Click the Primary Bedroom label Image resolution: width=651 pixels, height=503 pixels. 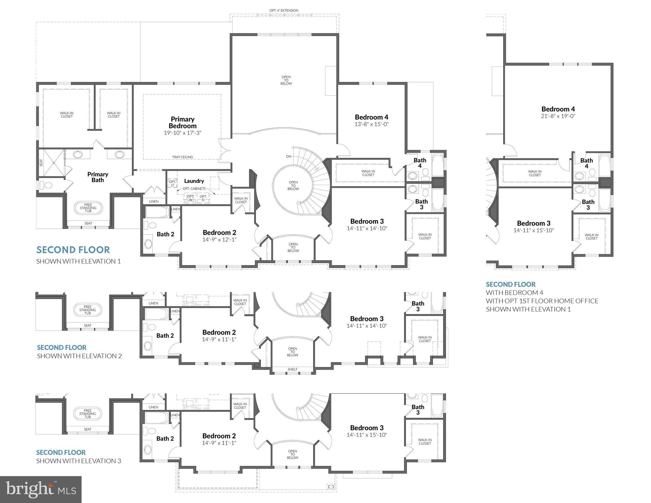[182, 123]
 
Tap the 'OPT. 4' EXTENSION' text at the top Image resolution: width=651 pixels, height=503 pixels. [284, 10]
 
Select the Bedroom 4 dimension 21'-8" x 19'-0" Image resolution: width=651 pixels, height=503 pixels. [558, 116]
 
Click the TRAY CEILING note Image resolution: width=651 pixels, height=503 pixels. [182, 157]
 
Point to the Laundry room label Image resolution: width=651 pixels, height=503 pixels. [194, 181]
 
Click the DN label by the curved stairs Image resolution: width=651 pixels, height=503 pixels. [289, 157]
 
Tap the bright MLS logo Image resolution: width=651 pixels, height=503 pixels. [41, 489]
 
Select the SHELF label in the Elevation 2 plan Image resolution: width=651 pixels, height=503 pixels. [293, 369]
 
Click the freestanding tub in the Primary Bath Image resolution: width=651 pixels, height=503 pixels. [88, 208]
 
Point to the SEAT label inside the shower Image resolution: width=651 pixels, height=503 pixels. [41, 163]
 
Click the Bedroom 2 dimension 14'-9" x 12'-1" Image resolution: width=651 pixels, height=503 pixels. [219, 240]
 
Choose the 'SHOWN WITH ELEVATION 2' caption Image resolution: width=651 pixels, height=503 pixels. [79, 356]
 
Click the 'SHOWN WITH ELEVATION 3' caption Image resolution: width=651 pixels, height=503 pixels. [79, 461]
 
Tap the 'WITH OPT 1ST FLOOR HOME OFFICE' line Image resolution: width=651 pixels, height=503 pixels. [542, 301]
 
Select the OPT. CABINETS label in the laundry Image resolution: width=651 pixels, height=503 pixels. [194, 189]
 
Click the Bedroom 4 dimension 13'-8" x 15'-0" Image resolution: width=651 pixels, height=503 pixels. [372, 124]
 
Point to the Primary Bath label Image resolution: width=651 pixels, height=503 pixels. [98, 177]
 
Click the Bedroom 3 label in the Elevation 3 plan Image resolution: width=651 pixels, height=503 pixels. [367, 428]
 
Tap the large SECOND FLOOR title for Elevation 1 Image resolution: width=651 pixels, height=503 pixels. [73, 250]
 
